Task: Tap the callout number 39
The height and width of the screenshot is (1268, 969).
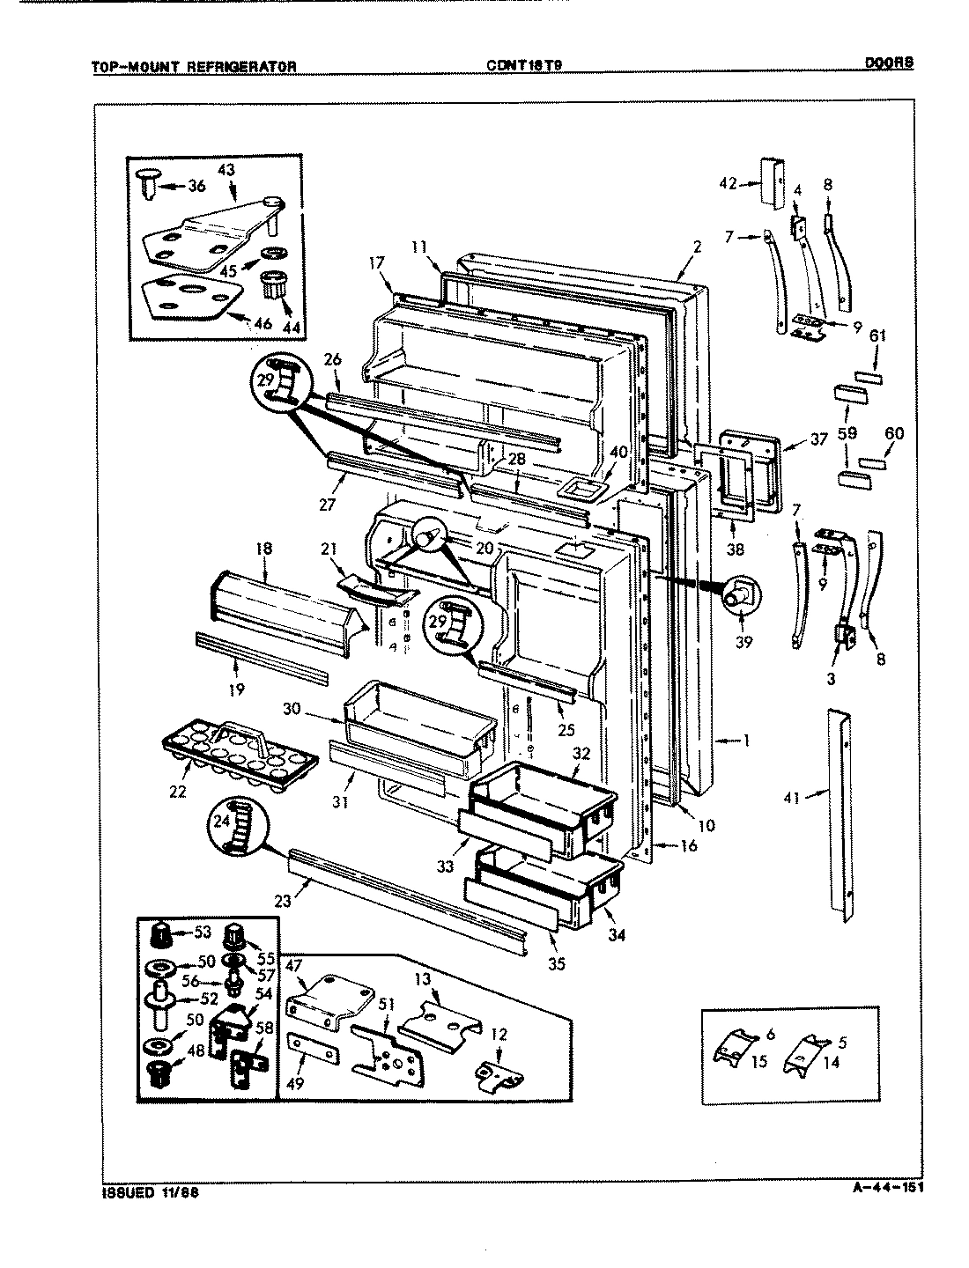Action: coord(744,642)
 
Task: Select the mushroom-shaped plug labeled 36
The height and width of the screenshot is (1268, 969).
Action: coord(149,185)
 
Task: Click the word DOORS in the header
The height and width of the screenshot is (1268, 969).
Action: coord(887,63)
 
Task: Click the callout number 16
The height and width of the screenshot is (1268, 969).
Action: coord(689,846)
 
